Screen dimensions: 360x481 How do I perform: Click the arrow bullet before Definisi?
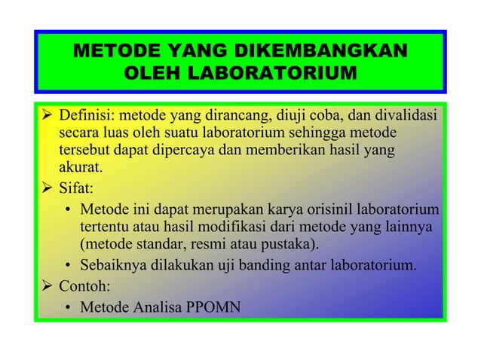[x=45, y=116]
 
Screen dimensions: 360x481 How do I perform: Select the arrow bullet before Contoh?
[x=45, y=286]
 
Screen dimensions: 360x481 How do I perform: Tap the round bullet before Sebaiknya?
[x=69, y=265]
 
